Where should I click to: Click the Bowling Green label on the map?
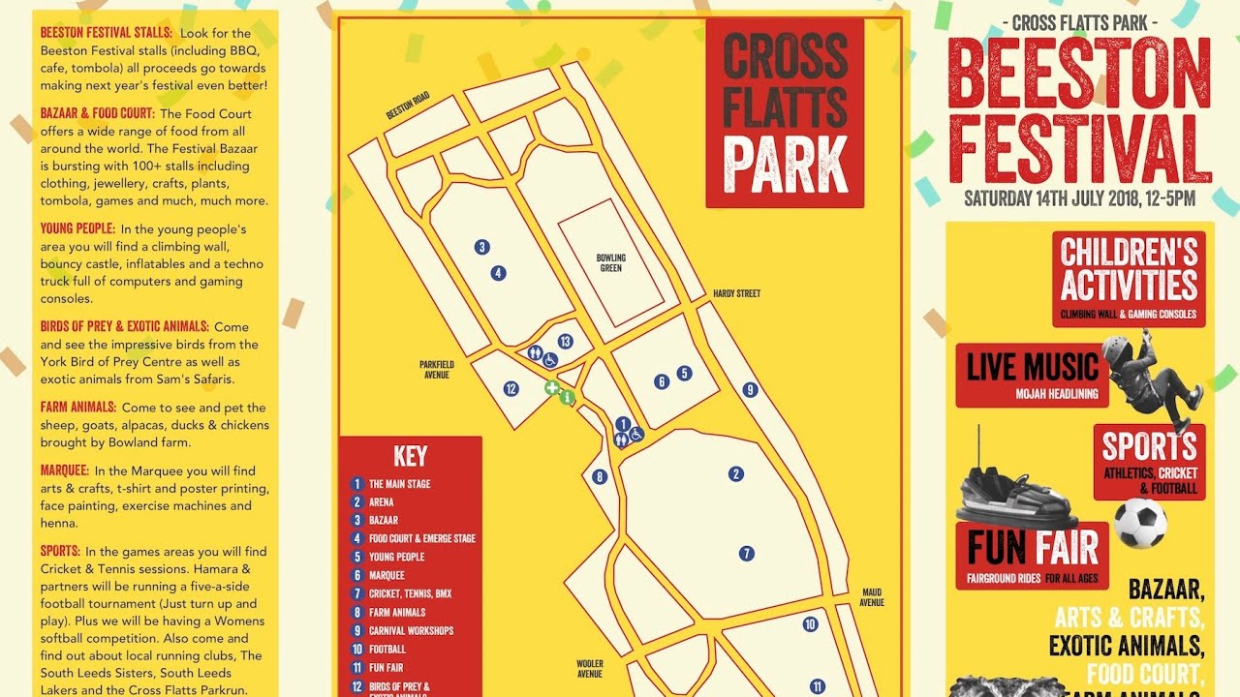click(610, 262)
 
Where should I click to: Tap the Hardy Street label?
click(736, 293)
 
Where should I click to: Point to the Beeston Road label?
click(408, 106)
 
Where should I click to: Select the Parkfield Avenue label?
click(436, 369)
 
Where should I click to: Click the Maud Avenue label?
click(872, 596)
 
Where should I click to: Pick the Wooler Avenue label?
click(590, 669)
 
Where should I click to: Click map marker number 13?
click(565, 341)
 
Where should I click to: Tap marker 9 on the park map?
click(750, 390)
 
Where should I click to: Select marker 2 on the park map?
click(736, 474)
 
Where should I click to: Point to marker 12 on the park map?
click(511, 389)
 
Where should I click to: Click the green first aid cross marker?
click(551, 388)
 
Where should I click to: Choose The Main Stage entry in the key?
click(399, 484)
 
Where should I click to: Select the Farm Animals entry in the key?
click(396, 613)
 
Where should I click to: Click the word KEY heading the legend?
click(410, 457)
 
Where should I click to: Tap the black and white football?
click(1140, 523)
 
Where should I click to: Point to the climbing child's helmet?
click(1117, 349)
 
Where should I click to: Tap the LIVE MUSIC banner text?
click(1033, 368)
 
